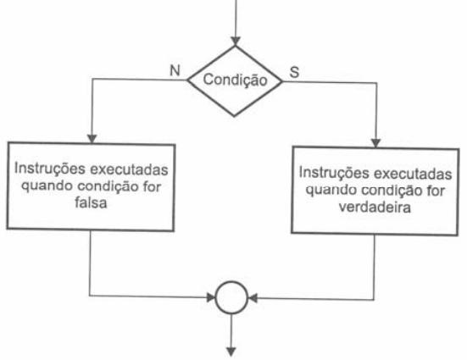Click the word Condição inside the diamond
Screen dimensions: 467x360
pos(235,80)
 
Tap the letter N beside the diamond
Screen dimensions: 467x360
pos(175,70)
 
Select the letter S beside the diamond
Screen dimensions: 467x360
pos(294,72)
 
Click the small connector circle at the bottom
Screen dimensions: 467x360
pos(231,297)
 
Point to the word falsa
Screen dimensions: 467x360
pos(91,202)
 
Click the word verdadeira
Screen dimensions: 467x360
pos(375,207)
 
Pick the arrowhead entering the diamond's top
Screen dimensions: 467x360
pos(236,42)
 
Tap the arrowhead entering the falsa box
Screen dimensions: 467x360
pos(92,139)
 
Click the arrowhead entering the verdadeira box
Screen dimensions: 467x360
pos(376,143)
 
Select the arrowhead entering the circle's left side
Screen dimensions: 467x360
pos(211,297)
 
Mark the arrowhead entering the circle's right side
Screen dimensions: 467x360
pos(253,298)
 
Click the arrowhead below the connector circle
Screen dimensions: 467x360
pos(231,352)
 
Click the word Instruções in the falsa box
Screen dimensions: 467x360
pos(50,169)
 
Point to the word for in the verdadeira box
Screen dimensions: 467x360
pos(436,191)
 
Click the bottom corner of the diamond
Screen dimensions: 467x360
pos(234,116)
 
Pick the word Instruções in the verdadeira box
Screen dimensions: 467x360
pos(335,173)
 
